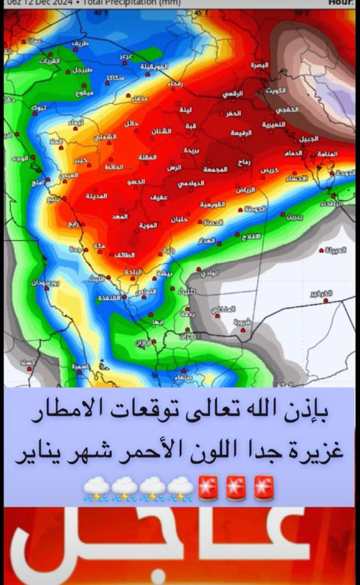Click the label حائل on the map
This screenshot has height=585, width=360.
(131, 124)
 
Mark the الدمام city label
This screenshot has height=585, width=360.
(293, 153)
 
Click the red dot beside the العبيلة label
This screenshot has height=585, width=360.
(320, 250)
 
